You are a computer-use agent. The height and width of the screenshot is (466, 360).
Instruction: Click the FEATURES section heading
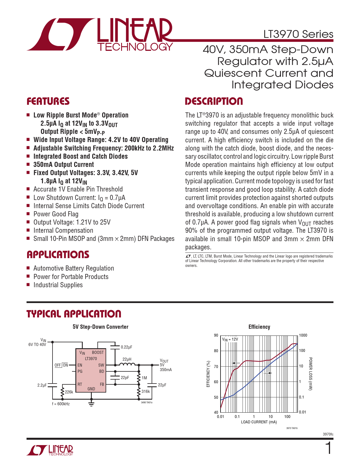click(x=48, y=101)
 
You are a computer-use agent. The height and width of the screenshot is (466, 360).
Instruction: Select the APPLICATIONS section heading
click(x=58, y=254)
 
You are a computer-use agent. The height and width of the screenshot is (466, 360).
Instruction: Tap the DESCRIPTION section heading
click(x=214, y=101)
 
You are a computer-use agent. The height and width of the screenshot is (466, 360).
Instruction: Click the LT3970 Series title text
click(x=298, y=34)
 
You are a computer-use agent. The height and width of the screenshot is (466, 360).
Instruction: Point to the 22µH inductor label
click(x=127, y=359)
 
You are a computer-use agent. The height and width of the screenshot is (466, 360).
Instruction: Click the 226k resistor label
click(x=69, y=392)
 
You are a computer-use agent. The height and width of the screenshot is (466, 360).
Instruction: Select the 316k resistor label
click(x=146, y=391)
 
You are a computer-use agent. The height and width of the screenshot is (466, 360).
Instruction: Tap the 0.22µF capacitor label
click(x=126, y=347)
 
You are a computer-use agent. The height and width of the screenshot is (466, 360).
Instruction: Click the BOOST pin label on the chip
click(x=98, y=352)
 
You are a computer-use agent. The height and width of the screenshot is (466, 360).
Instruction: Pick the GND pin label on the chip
click(x=91, y=389)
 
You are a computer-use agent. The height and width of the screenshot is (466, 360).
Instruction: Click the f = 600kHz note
click(x=61, y=404)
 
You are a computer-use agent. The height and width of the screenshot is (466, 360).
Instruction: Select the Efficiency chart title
click(x=259, y=327)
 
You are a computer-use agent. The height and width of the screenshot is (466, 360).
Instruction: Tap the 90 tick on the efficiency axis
click(x=216, y=335)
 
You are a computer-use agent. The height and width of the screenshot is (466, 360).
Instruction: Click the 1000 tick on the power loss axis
click(x=303, y=335)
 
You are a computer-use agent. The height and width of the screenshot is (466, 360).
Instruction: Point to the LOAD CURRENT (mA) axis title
click(x=259, y=422)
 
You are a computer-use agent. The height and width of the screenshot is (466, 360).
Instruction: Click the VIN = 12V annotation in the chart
click(x=230, y=339)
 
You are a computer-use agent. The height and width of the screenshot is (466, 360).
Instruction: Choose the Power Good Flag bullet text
click(x=56, y=214)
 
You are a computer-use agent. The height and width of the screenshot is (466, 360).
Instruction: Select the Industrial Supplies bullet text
click(x=58, y=285)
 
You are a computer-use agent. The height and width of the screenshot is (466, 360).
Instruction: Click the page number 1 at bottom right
click(x=329, y=448)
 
